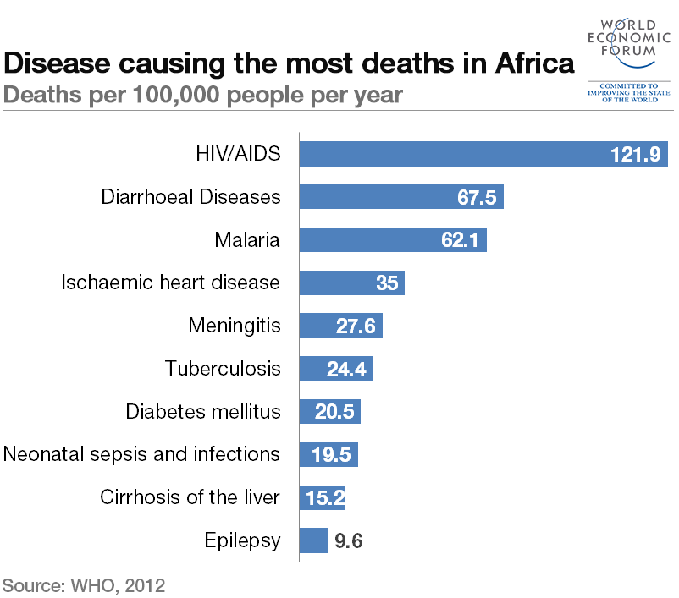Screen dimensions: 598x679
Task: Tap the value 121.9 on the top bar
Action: click(x=635, y=155)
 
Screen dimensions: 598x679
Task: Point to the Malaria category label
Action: click(x=246, y=240)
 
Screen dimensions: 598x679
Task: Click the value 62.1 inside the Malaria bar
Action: click(x=460, y=240)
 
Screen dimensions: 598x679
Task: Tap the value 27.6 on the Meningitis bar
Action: click(x=356, y=326)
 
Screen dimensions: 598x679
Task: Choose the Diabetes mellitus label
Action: click(x=202, y=412)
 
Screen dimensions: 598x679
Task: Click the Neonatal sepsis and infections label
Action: click(x=141, y=454)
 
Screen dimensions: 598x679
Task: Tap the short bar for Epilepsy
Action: click(x=313, y=540)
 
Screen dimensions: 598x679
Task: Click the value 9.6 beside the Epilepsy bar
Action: click(x=349, y=541)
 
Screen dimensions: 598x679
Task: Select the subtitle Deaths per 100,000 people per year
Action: click(x=202, y=95)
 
